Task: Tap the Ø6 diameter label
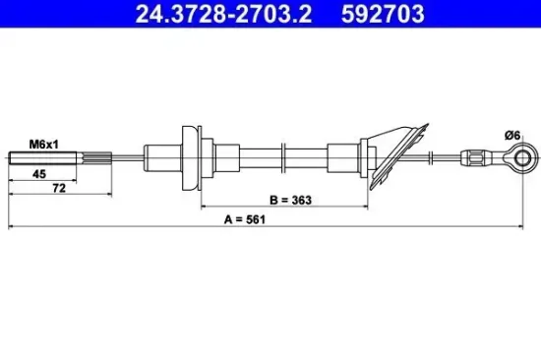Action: pyautogui.click(x=511, y=137)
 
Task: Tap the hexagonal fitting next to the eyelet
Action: pyautogui.click(x=475, y=157)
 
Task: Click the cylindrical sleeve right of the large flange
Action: pyautogui.click(x=212, y=157)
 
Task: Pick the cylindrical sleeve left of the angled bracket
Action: pyautogui.click(x=346, y=157)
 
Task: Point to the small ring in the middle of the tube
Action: pyautogui.click(x=282, y=157)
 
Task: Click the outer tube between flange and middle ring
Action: pyautogui.click(x=251, y=157)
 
